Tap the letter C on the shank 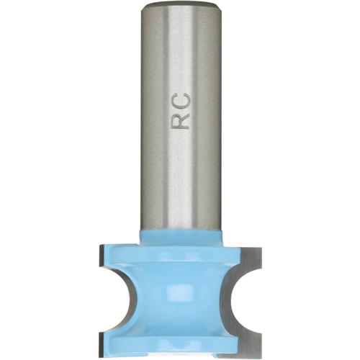pos(182,100)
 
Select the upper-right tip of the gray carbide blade pos(258,248)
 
